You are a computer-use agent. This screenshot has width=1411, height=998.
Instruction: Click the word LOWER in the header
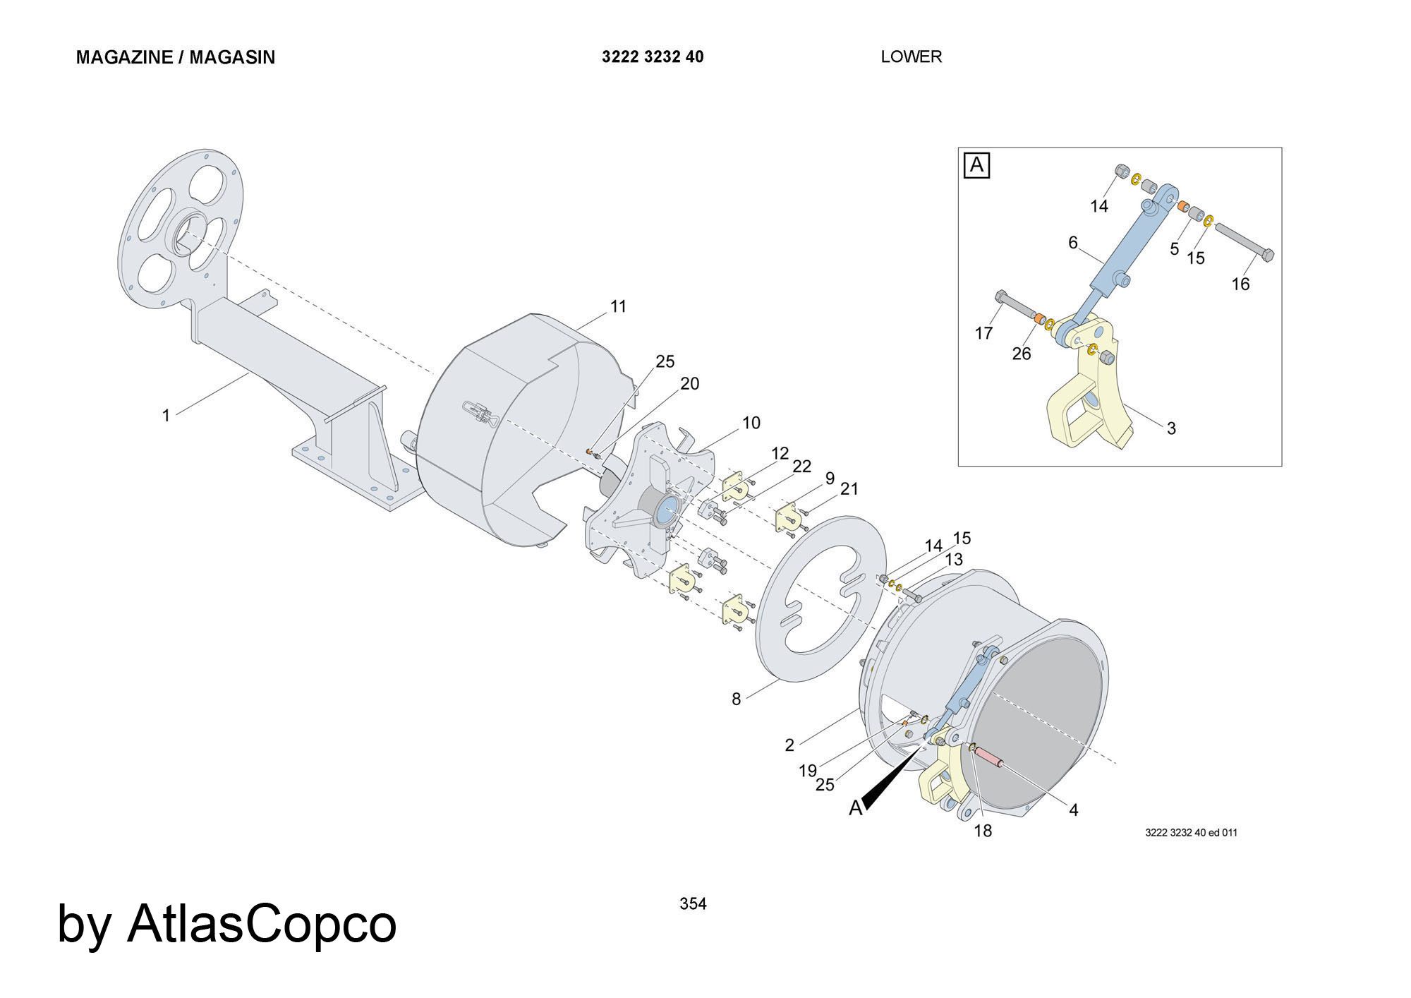tap(911, 56)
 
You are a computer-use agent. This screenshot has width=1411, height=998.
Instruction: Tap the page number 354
tap(693, 903)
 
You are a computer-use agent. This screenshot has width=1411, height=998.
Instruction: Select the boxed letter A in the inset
tap(977, 165)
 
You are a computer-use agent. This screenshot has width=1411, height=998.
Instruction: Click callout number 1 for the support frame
tap(166, 415)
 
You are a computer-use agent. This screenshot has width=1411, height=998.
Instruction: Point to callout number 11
tap(618, 306)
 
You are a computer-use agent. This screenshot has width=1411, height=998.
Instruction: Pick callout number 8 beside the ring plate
tap(736, 699)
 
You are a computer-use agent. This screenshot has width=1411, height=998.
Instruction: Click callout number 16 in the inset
tap(1240, 284)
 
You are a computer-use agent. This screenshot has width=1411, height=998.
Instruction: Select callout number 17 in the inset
tap(983, 332)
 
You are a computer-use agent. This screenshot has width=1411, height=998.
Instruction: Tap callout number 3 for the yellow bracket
tap(1171, 428)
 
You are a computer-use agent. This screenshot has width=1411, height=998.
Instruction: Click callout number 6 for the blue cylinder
tap(1073, 243)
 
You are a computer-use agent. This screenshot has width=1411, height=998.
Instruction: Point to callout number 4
tap(1073, 810)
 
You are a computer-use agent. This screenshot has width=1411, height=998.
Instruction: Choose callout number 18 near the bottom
tap(983, 831)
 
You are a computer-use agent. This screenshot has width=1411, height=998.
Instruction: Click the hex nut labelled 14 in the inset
tap(1120, 172)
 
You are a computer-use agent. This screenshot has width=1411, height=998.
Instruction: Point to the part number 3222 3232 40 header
tap(653, 56)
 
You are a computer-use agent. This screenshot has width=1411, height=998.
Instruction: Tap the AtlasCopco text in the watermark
tap(262, 923)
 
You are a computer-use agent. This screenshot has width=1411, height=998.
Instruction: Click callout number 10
tap(751, 422)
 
